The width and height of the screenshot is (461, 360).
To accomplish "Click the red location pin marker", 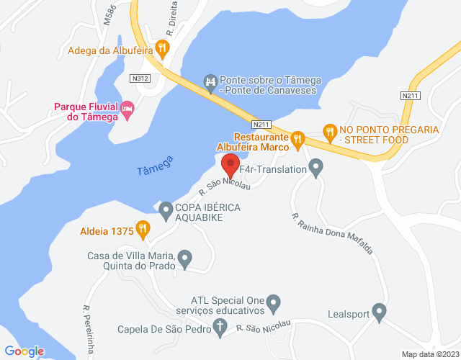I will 230,165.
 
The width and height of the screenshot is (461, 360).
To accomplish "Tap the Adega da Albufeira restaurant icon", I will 163,49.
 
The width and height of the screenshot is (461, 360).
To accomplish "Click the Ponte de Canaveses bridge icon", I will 210,83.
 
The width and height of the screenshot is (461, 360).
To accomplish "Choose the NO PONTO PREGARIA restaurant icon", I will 330,131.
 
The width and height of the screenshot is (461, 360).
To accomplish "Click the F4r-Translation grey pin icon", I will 315,168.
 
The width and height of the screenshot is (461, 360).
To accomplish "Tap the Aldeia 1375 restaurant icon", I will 143,229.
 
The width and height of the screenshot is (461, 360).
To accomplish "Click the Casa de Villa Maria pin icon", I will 185,257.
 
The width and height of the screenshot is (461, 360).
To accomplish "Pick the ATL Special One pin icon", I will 274,303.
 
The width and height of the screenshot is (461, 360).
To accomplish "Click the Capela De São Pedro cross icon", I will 220,329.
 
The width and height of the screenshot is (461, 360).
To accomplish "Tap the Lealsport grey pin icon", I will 379,312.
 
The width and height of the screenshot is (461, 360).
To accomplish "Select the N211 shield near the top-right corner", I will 410,94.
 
